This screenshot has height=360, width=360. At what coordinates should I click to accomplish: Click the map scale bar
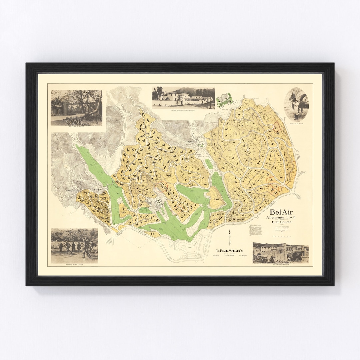pos(281,236)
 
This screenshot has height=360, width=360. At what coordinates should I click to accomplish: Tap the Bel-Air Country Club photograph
pos(281,253)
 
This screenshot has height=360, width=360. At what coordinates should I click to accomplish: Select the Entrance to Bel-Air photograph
pos(76,107)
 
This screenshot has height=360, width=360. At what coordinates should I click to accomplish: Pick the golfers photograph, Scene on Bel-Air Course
pos(74,246)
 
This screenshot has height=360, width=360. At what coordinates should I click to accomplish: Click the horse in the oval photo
pos(300,100)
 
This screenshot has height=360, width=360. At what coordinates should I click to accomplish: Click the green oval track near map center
pos(209,163)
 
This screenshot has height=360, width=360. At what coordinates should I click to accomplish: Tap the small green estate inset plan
pos(224,99)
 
